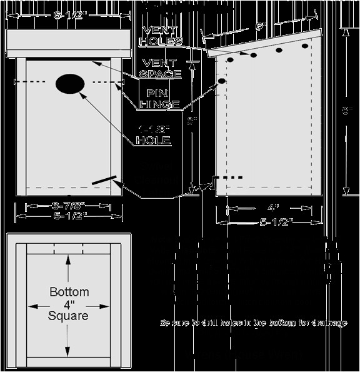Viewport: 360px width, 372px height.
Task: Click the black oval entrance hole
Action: (x=70, y=83)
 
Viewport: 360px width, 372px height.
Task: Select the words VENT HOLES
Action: (x=162, y=36)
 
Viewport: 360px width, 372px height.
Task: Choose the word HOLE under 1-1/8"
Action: (x=153, y=141)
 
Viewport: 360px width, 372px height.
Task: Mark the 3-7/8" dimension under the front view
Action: (x=69, y=206)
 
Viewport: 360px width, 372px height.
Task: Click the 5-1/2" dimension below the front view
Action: (x=69, y=216)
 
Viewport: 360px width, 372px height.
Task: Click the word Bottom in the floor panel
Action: (x=68, y=292)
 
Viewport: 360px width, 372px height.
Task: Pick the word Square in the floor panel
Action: (x=68, y=316)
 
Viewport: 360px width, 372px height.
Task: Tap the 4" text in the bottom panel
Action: (x=68, y=304)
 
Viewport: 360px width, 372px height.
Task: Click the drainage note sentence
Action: (x=253, y=323)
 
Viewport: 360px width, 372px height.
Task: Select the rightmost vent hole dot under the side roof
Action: (x=305, y=46)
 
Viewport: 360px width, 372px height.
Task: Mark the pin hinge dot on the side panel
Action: (x=221, y=81)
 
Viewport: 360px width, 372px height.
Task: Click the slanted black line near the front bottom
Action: (x=104, y=179)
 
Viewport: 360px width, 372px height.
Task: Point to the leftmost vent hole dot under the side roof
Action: (x=230, y=60)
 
